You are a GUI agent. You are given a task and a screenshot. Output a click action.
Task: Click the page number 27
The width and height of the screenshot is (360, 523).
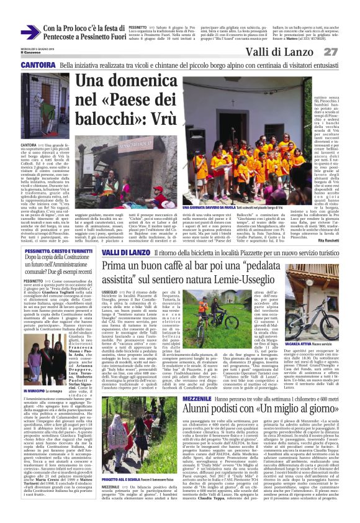(346, 52)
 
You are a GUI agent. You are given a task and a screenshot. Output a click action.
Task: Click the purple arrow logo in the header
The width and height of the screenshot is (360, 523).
(30, 33)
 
